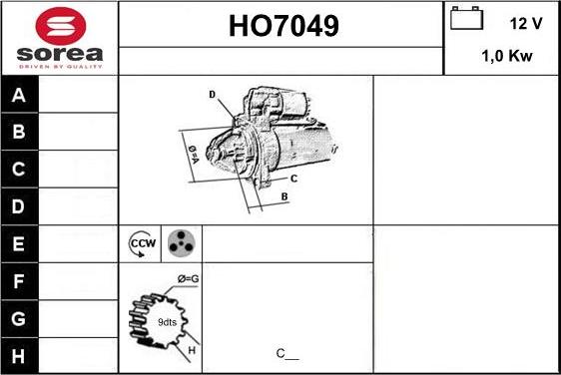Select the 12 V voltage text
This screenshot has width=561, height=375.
(525, 23)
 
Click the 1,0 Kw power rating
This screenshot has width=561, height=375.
(507, 57)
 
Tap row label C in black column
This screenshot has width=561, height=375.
(19, 170)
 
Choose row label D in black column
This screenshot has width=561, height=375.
(19, 206)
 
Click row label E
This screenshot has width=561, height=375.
(19, 243)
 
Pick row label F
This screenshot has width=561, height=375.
(19, 281)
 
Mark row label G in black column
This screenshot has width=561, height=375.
(19, 318)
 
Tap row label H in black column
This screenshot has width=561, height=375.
(19, 355)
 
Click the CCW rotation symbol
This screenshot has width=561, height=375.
(141, 242)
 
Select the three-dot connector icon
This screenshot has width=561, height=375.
(181, 242)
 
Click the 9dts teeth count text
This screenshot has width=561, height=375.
(168, 321)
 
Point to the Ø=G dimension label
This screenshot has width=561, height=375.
(188, 278)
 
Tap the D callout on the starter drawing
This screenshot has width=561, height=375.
(213, 94)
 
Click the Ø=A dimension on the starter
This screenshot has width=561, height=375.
(194, 151)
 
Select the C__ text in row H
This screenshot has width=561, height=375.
(286, 353)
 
